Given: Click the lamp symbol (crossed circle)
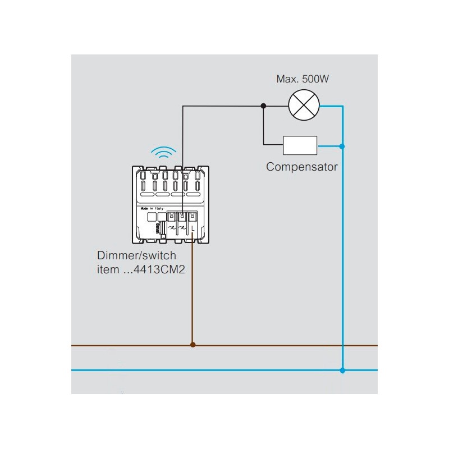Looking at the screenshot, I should click(303, 105).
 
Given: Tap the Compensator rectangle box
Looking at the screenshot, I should click(300, 145).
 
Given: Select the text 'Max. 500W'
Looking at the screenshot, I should click(303, 80).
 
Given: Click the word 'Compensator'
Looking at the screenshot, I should click(302, 167).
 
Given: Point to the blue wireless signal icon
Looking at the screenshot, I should click(165, 153).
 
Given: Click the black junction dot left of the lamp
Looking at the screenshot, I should click(264, 105).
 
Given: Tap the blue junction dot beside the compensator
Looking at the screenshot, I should click(342, 146).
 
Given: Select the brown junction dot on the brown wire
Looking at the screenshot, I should click(193, 345).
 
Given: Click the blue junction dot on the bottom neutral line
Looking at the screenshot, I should click(342, 370).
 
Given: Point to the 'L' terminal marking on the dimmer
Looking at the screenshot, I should click(193, 229).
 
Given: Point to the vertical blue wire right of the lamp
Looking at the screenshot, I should click(342, 236).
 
